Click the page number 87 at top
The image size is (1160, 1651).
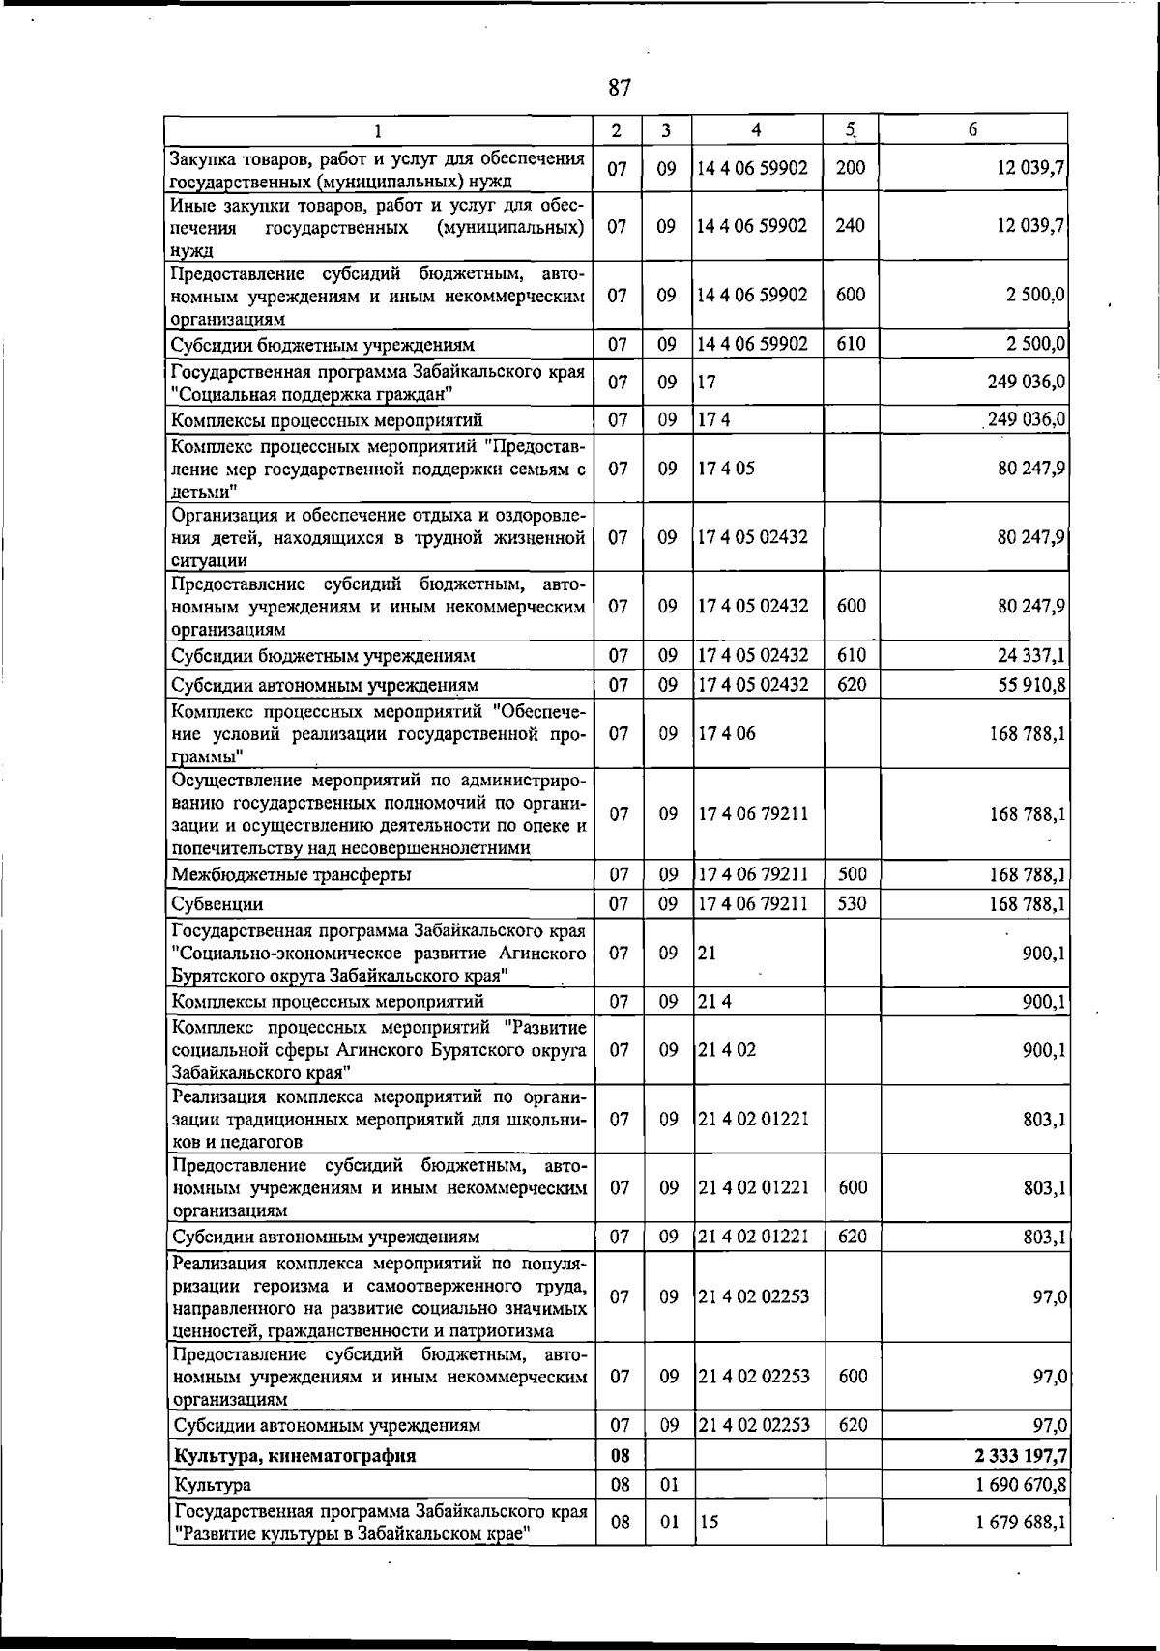coord(620,88)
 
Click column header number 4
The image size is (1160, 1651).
coord(756,129)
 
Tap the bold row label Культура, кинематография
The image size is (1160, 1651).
coord(294,1455)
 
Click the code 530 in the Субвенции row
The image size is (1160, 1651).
coord(852,904)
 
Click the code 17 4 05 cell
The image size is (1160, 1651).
coord(726,469)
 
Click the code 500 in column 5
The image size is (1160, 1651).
coord(852,875)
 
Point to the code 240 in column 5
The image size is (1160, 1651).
coord(851,226)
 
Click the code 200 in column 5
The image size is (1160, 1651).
coord(851,168)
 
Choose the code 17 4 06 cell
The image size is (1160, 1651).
coord(726,734)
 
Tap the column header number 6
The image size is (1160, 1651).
coord(973,129)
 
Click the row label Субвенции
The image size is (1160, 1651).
coord(217,904)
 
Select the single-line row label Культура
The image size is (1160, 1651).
coord(212,1485)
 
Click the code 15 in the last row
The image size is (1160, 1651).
coord(709,1523)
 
